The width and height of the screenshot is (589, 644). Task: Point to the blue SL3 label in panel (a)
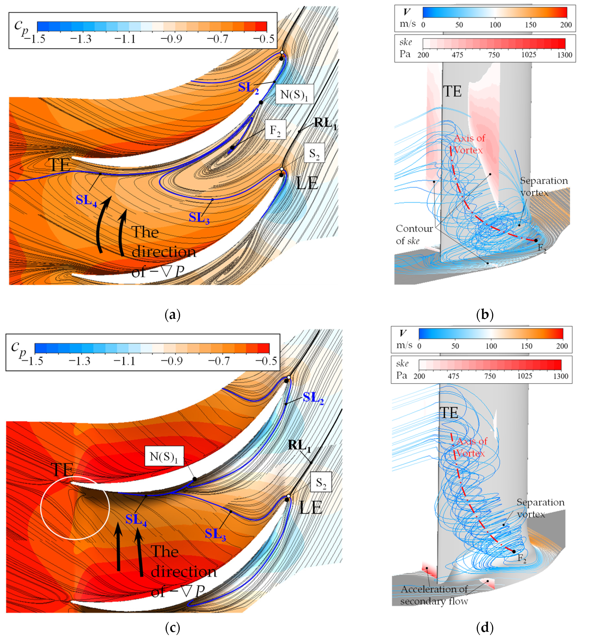199,218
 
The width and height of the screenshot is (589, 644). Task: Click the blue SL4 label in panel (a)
86,200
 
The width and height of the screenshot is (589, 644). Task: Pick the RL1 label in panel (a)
325,123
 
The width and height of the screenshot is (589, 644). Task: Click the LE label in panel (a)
307,183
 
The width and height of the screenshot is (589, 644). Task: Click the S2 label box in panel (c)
321,483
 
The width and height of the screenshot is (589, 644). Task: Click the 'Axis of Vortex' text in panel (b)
469,144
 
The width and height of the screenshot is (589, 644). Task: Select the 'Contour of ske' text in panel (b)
414,234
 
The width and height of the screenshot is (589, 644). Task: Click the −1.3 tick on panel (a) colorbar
81,39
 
